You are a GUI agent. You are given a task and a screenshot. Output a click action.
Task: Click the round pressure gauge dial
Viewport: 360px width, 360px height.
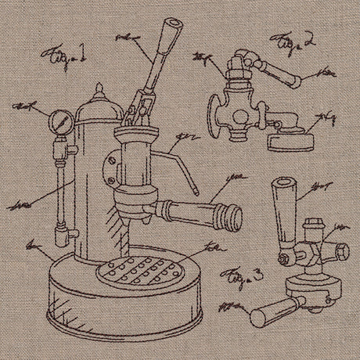(63, 121)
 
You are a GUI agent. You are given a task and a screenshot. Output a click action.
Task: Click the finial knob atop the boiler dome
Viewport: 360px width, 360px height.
(99, 89)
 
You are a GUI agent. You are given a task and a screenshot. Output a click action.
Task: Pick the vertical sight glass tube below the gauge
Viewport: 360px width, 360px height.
(59, 180)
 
